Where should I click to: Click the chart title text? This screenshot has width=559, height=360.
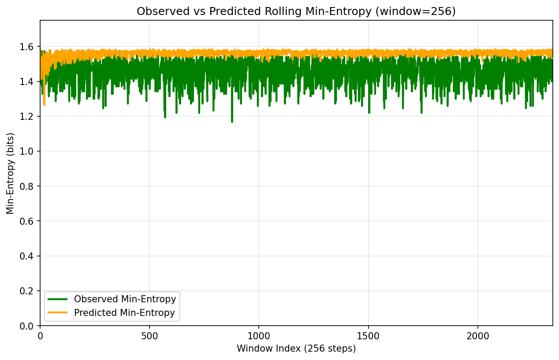point(296,11)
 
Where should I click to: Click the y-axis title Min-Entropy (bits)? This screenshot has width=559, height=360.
point(10,173)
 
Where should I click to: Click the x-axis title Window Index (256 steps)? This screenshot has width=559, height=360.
point(296,349)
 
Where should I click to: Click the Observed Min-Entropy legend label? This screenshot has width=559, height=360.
point(125,299)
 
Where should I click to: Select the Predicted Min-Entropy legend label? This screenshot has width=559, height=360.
point(124,313)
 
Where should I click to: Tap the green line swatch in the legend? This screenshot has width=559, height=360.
point(59,299)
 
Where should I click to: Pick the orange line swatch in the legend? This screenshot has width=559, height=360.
point(59,313)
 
